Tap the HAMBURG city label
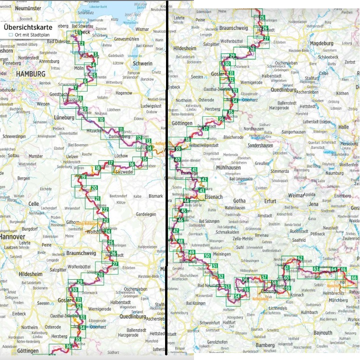point(30,74)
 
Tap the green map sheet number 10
point(101,120)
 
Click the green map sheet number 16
point(132,164)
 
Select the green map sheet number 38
point(187,140)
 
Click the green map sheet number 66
point(354,278)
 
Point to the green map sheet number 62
point(300,258)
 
